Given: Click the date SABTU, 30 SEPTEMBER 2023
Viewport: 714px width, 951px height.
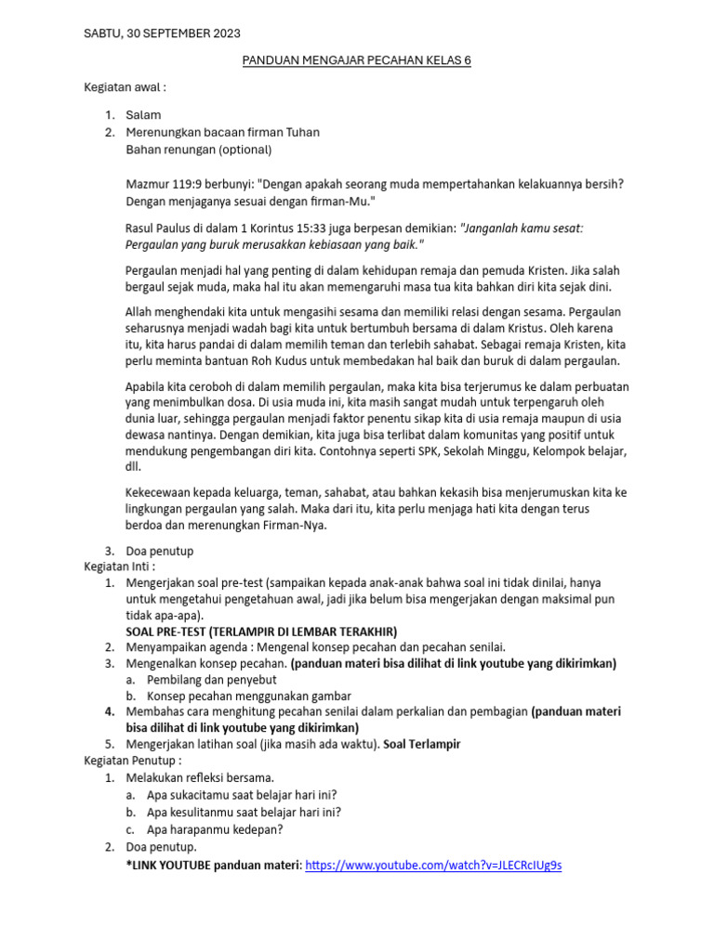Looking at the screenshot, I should [162, 33].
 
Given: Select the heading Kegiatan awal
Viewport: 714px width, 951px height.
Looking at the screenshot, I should [125, 87].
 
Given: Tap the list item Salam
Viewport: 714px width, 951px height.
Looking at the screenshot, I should [143, 115].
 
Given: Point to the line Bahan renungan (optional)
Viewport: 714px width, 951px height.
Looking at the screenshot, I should [198, 150].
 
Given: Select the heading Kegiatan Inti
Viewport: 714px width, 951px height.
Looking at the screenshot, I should [119, 566].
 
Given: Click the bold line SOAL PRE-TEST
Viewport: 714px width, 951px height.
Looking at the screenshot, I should [261, 631].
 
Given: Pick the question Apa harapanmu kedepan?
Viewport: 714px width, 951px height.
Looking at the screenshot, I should [215, 829].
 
